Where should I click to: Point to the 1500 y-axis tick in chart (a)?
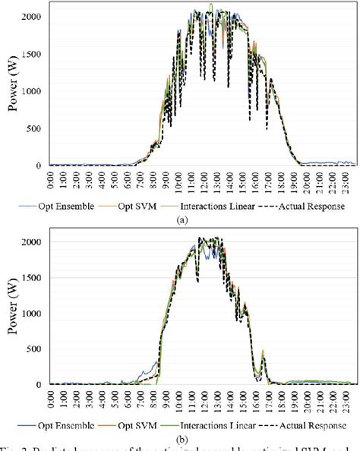32,54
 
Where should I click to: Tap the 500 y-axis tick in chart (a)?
35,128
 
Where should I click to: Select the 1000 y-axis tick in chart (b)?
32,313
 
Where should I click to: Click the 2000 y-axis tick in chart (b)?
32,241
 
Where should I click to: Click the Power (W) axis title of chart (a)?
13,90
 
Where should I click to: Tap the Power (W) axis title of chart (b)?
13,313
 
